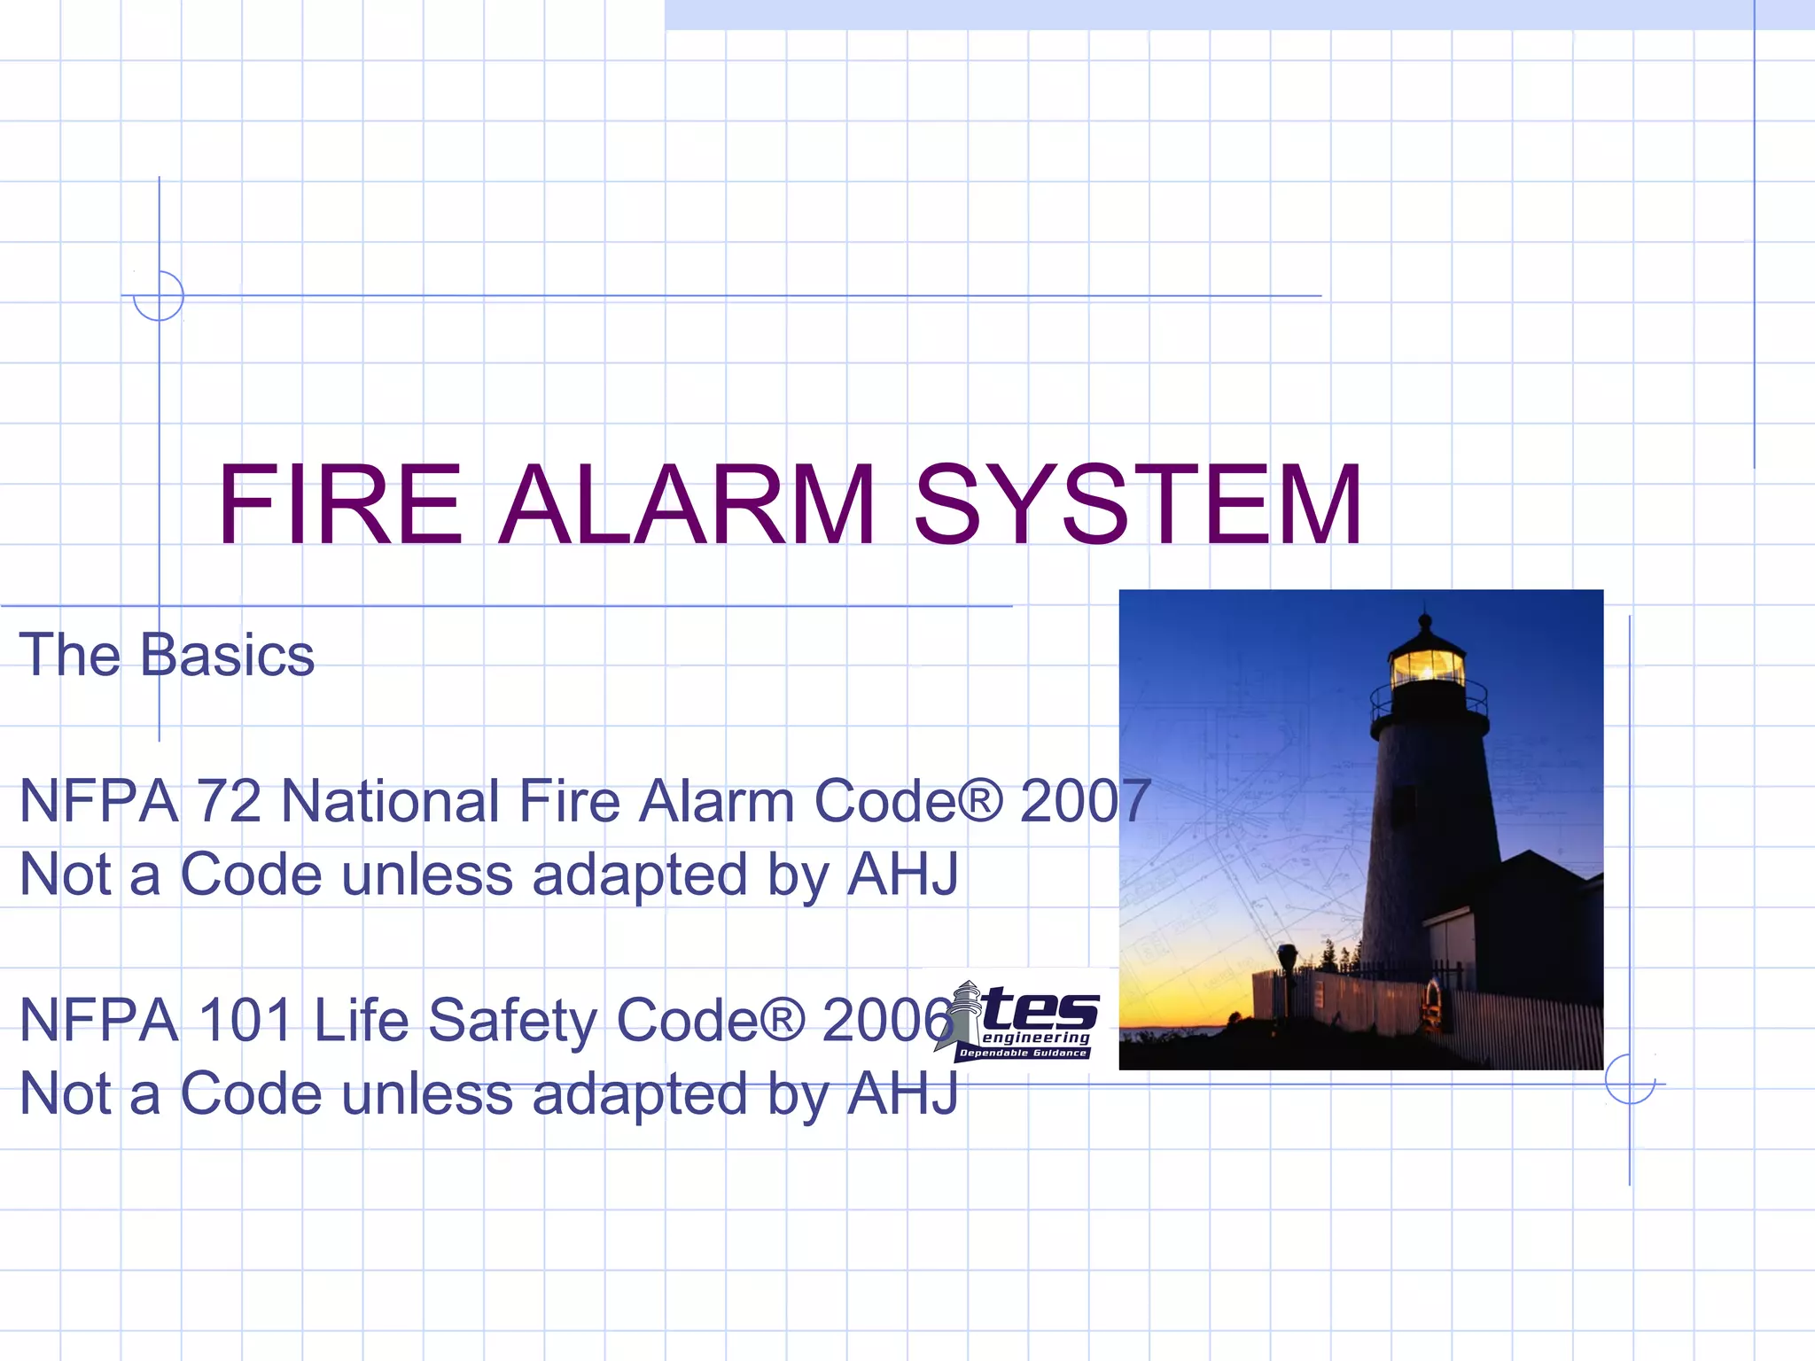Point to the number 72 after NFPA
(x=229, y=801)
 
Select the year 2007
(x=1085, y=801)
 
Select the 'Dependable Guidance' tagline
(x=1023, y=1054)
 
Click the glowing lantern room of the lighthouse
(x=1426, y=665)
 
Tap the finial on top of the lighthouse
(x=1425, y=615)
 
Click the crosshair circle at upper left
(x=159, y=296)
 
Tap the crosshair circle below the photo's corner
(x=1630, y=1079)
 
